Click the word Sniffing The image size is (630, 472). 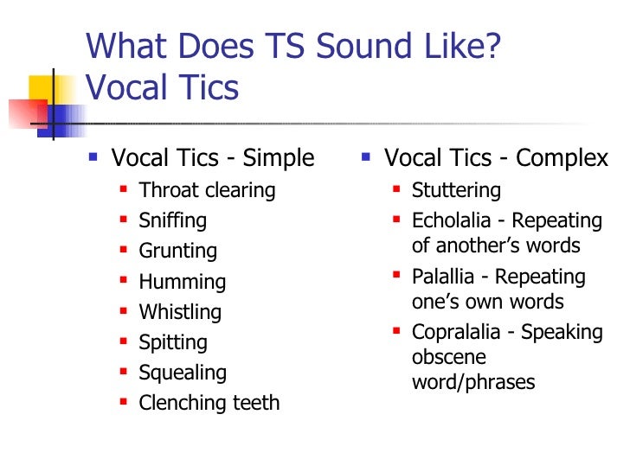coord(173,220)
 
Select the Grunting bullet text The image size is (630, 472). coord(178,252)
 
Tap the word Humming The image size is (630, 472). coord(183,282)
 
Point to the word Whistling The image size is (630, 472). coord(180,312)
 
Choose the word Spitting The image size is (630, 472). coord(173,342)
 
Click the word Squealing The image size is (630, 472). coord(183,373)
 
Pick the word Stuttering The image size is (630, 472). coord(456,190)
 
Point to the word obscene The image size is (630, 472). coord(448,357)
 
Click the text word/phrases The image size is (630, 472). coord(473,382)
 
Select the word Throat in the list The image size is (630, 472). coord(168,190)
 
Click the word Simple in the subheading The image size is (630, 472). coord(279,158)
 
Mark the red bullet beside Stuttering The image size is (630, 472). coord(395,188)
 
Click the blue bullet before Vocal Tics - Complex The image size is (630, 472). coord(366,156)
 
